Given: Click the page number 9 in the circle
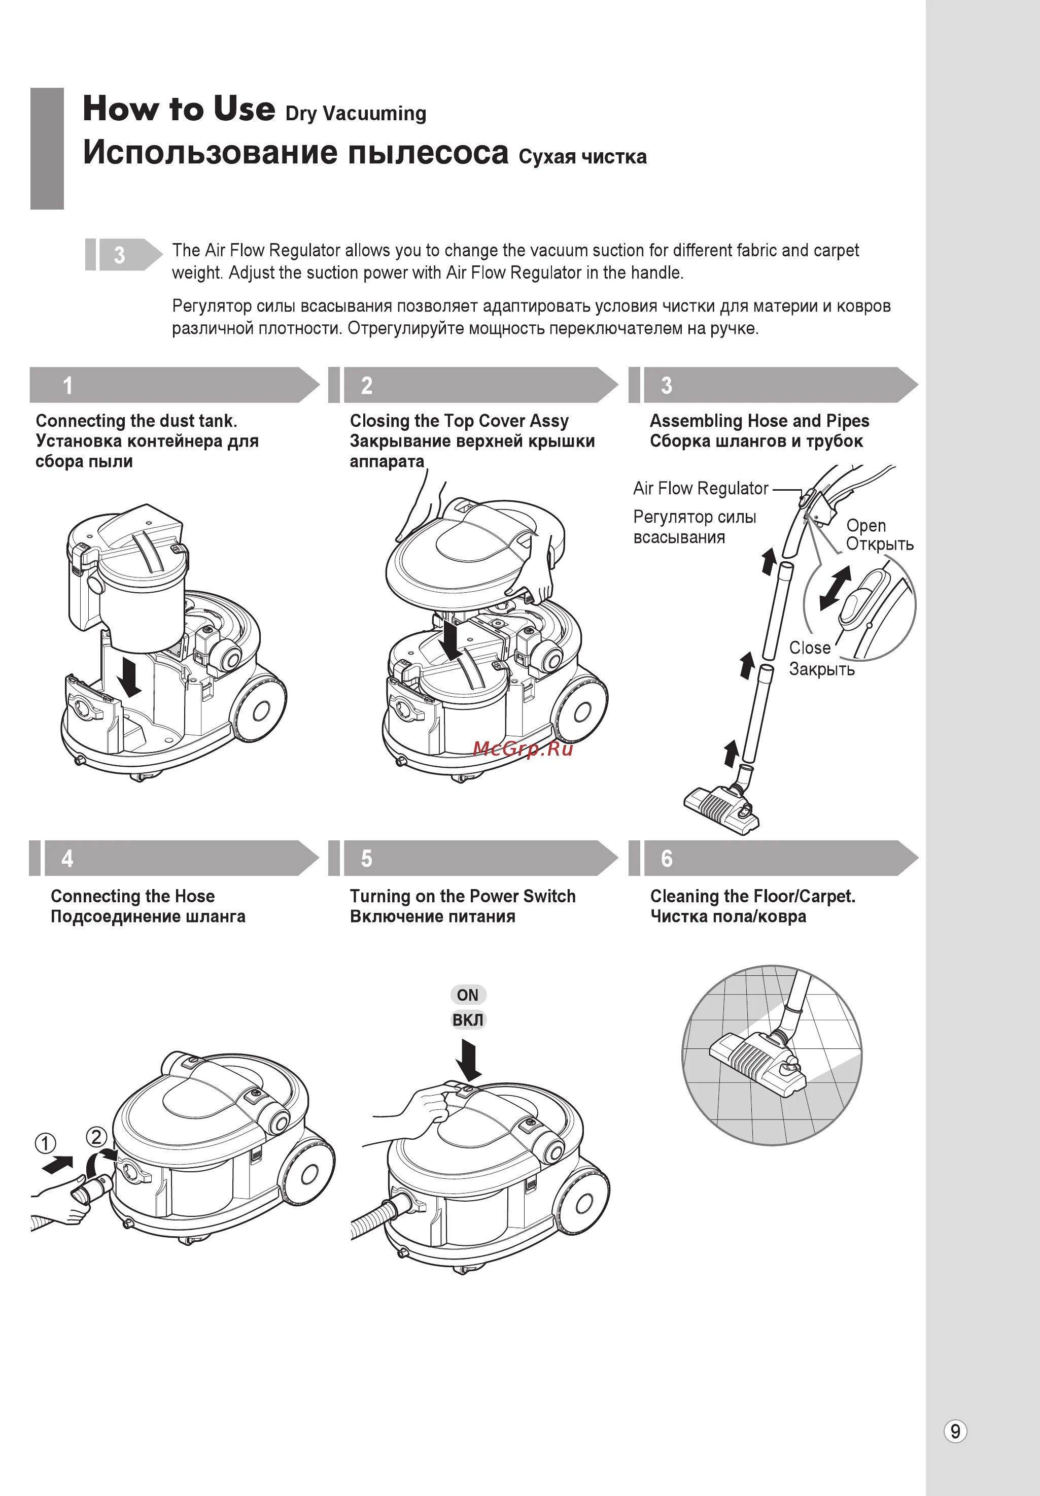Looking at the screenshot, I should pos(955,1432).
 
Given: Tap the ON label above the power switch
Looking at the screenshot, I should pos(468,995).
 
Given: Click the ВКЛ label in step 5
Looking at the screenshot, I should pos(468,1019).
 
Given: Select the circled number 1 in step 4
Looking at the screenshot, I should pos(45,1143).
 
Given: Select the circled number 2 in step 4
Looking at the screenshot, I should pos(96,1138).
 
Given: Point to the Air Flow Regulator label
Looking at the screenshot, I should pos(701,488).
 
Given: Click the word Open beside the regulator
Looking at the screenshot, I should pos(865,525).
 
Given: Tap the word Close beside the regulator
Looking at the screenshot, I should pos(810,648).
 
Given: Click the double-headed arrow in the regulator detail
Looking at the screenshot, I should pos(835,588).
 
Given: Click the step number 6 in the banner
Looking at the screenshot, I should pos(666,859).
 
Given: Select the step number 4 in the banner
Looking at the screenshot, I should pos(67,859).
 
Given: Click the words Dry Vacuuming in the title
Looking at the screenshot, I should pos(356,113).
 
